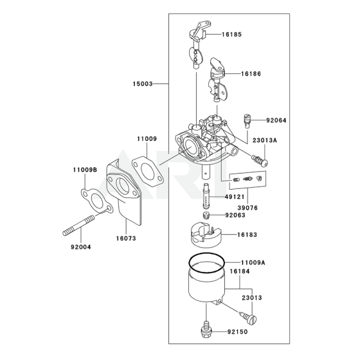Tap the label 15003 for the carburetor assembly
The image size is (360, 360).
142,84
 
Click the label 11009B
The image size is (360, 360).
84,170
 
